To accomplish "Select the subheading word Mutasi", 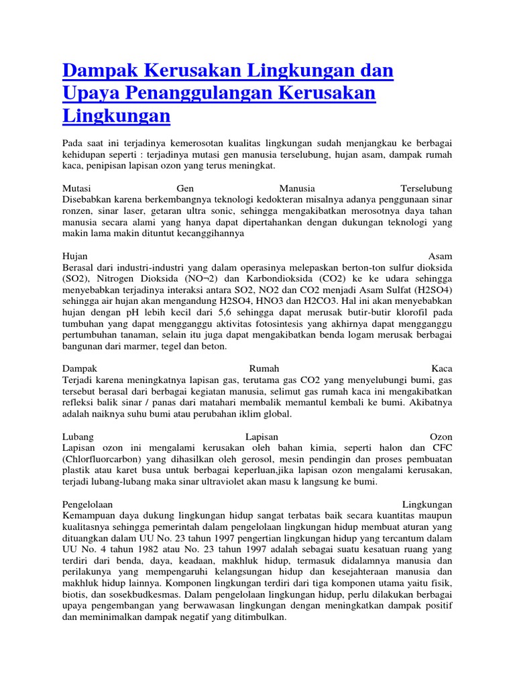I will coord(76,189).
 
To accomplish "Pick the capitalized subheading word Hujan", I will coord(74,256).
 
